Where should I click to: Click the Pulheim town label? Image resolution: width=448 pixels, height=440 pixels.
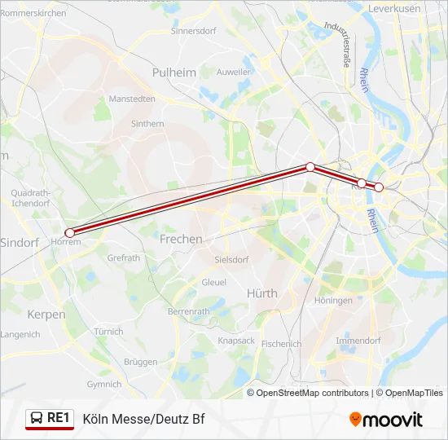(174, 73)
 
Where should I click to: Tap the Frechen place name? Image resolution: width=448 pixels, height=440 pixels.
(181, 239)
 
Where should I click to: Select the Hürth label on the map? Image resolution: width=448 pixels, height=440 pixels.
(261, 293)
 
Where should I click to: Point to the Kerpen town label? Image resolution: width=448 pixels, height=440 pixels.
(46, 314)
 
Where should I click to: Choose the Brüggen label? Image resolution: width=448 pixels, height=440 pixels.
(141, 362)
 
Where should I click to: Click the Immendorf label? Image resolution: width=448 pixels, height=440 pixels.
(358, 341)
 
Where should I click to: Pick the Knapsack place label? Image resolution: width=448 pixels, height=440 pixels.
(236, 341)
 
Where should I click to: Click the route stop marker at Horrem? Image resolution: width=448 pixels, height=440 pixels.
(69, 233)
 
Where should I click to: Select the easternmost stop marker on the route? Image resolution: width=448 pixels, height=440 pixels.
(379, 187)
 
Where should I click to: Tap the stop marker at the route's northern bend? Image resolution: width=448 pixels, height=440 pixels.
(310, 167)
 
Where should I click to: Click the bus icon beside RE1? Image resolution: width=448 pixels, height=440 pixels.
(37, 419)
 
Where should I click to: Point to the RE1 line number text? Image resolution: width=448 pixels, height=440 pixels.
(59, 418)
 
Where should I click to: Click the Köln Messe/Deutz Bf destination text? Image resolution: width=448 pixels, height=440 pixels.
(143, 419)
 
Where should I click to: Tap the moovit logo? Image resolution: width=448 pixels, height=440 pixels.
(386, 420)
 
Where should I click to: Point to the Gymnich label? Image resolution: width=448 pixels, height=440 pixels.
(104, 384)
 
